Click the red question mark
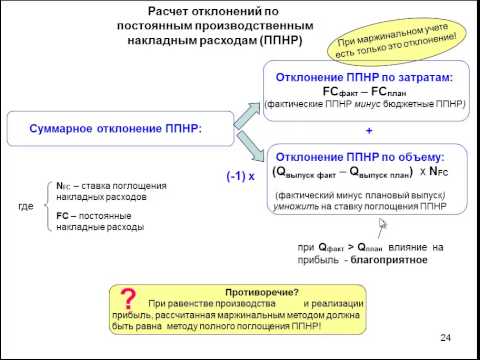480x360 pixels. click(x=127, y=300)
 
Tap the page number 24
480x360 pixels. click(x=446, y=336)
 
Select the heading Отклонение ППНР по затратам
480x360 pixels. click(x=367, y=76)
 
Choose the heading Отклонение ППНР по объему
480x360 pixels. click(x=367, y=157)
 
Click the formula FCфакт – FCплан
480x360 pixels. click(x=367, y=89)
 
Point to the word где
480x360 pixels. click(x=28, y=206)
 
